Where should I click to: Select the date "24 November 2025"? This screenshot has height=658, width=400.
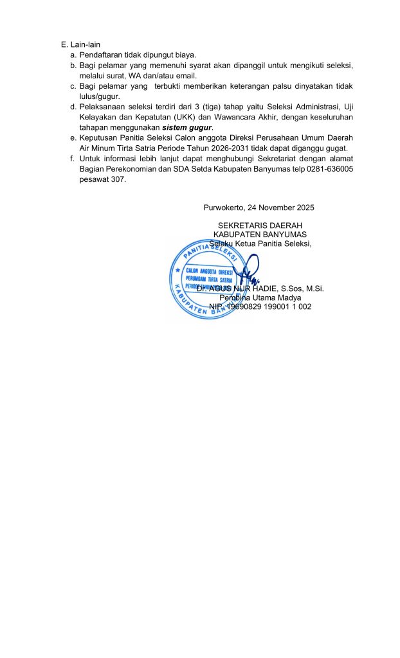point(280,208)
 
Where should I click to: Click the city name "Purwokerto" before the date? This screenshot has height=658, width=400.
point(220,208)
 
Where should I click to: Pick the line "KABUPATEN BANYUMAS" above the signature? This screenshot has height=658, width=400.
point(260,235)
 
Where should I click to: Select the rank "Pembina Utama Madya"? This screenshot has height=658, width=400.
point(260,298)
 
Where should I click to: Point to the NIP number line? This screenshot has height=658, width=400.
point(260,307)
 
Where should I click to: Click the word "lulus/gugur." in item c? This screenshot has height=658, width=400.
point(98,96)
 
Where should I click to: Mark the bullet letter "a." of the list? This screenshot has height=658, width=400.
point(74,55)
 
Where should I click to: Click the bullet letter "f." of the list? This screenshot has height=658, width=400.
point(74,158)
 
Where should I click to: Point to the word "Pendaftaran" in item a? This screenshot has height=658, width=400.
point(101,55)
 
